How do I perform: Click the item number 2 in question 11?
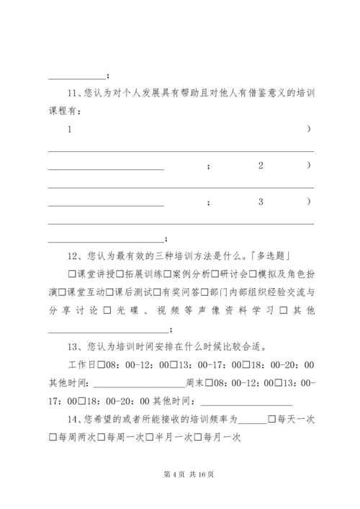click(x=261, y=166)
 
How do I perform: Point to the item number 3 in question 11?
click(x=261, y=202)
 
